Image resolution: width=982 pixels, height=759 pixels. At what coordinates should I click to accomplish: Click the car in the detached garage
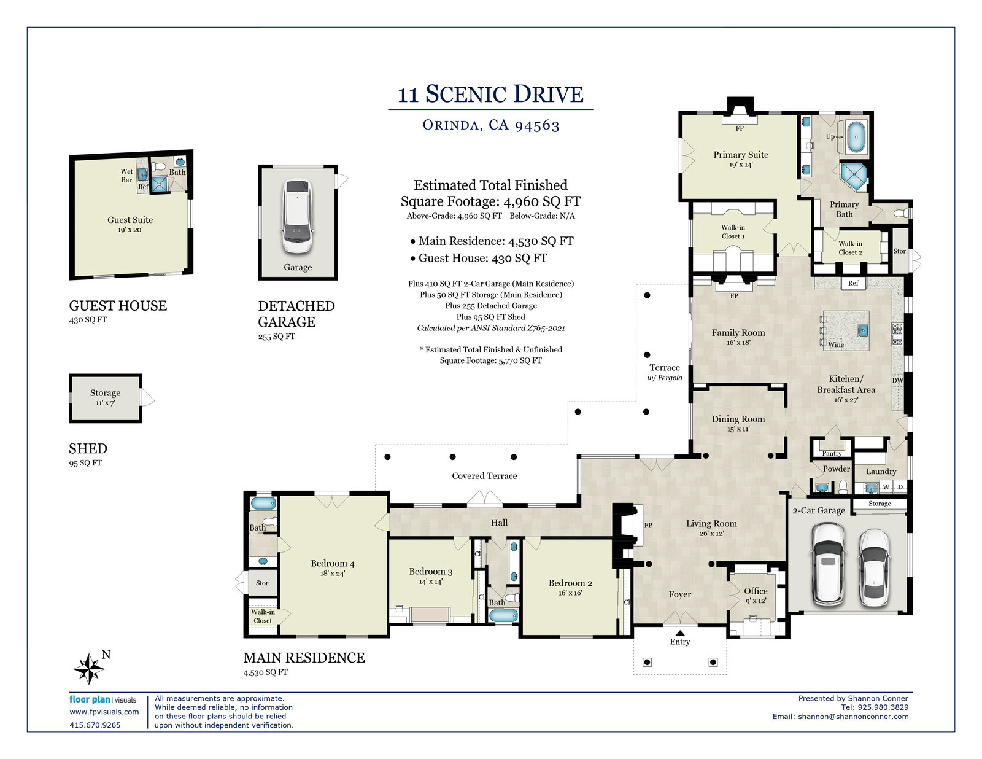pos(298,216)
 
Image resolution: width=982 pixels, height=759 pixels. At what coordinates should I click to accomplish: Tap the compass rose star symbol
pos(89,669)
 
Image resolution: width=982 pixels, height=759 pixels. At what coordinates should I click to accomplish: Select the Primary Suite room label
pos(741,155)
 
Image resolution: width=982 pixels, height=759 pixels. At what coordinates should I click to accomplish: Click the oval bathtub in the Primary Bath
pos(856,136)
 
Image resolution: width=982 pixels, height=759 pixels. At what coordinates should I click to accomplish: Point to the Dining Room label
pos(738,419)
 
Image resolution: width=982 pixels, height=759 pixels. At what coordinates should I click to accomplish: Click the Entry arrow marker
pos(680,632)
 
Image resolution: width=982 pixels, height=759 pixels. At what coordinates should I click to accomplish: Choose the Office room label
pos(756,591)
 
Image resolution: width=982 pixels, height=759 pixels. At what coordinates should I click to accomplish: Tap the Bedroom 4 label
pos(333,563)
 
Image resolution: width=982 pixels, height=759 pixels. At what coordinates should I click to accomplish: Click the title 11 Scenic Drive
pos(490,94)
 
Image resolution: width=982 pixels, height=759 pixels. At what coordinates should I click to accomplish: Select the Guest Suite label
pos(130,220)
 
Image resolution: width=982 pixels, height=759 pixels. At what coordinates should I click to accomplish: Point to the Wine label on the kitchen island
pos(836,344)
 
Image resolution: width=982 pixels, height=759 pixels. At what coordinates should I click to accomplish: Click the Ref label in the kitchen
pos(853,283)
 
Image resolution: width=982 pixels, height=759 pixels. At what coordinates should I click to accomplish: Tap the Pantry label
pos(832,453)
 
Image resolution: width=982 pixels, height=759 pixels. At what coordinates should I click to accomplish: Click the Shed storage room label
pos(106,393)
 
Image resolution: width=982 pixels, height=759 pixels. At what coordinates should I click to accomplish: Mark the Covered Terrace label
pos(484,475)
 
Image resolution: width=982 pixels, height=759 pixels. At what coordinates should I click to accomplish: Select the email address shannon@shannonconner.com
pos(853,717)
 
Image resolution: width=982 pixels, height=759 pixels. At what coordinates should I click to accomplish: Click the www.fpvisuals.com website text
pos(104,712)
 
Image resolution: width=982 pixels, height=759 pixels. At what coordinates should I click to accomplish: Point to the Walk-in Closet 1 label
pos(733,232)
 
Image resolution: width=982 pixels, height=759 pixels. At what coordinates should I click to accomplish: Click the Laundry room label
pos(881,472)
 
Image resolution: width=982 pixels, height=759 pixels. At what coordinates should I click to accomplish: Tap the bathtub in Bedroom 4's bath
pos(263,503)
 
